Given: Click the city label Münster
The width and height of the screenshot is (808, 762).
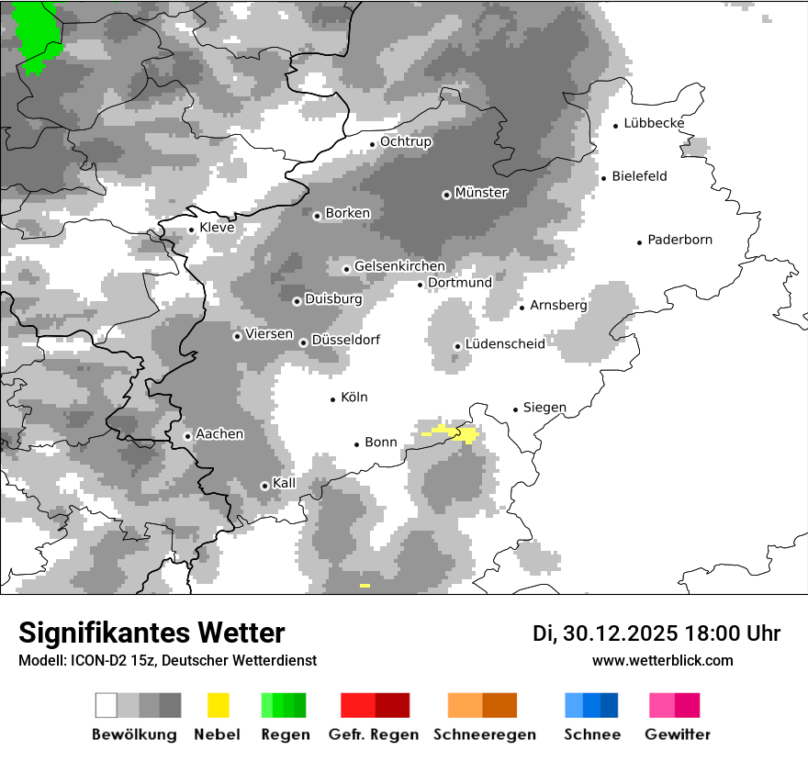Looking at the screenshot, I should tap(481, 193).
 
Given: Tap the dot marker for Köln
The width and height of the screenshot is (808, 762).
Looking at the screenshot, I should tap(333, 399).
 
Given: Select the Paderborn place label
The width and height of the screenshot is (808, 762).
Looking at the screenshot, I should tap(679, 241).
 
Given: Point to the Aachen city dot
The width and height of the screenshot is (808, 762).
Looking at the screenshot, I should tap(187, 436).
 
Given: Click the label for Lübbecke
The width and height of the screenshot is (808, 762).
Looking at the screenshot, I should tap(654, 124).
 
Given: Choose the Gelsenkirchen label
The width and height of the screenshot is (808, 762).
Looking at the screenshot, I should tap(399, 266).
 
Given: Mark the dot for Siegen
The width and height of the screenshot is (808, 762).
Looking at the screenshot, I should tap(516, 409).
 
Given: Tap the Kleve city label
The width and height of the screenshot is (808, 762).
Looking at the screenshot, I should tap(217, 228).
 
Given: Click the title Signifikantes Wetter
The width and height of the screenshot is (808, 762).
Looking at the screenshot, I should tap(151, 633).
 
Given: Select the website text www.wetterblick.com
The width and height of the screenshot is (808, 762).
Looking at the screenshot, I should tap(662, 661).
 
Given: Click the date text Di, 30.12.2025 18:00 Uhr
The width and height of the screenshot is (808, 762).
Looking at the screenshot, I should tap(656, 633).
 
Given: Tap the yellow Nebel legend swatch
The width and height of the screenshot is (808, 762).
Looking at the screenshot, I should tap(218, 705).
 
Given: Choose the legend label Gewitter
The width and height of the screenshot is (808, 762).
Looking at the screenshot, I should tap(677, 734).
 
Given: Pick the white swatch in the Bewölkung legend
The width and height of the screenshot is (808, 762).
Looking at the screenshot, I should tap(107, 705).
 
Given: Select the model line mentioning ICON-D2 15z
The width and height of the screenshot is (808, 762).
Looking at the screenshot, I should tap(167, 661).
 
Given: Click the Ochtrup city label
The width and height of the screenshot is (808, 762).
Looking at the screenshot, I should tap(405, 142).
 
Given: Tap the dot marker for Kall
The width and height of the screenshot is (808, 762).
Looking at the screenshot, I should tap(265, 486).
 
